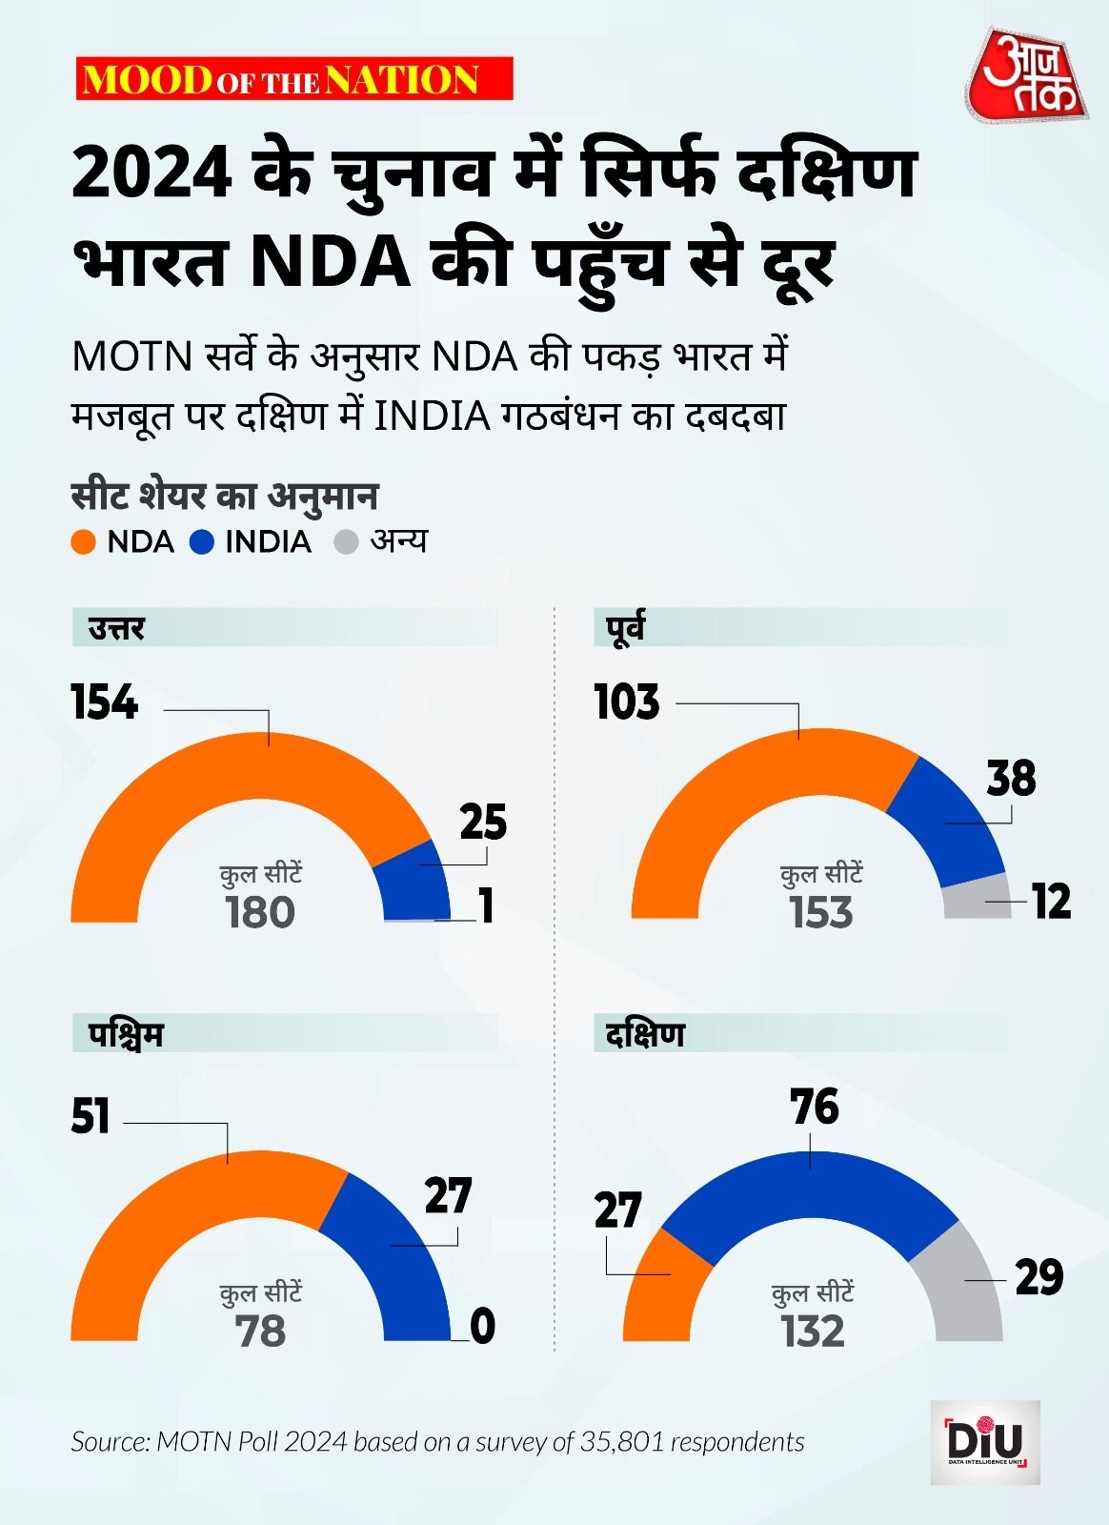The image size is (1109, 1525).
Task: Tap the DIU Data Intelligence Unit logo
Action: [985, 1441]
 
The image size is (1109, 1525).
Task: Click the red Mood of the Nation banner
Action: [294, 79]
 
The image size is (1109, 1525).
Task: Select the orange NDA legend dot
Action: [84, 542]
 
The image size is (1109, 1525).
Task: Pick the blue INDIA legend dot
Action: [202, 542]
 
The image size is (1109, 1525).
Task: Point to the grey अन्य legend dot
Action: [346, 542]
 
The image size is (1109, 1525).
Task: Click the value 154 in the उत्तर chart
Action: [105, 702]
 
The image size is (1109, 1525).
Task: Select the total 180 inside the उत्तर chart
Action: [260, 912]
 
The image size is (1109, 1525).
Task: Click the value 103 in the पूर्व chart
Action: [627, 702]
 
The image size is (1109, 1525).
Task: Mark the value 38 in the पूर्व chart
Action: [1011, 779]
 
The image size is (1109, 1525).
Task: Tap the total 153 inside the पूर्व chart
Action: [821, 912]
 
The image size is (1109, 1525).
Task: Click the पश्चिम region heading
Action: [127, 1035]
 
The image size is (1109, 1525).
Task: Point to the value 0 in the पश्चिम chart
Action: [483, 1327]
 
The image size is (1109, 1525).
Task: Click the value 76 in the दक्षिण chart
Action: [815, 1108]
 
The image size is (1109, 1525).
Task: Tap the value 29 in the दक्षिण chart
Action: [1039, 1277]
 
